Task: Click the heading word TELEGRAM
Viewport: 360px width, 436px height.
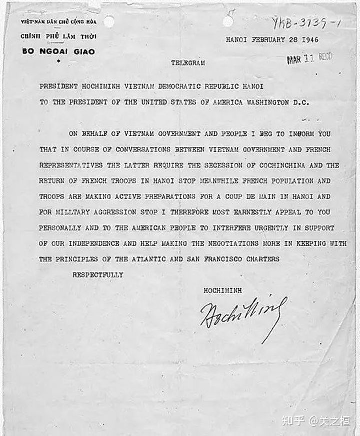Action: [187, 63]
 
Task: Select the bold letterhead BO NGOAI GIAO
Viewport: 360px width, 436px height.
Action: [58, 51]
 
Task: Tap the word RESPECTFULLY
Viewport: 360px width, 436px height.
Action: [98, 275]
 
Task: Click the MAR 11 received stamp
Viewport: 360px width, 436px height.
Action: [309, 59]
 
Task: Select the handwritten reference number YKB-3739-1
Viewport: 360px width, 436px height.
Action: [306, 22]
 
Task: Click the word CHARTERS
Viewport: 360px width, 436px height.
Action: [262, 259]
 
